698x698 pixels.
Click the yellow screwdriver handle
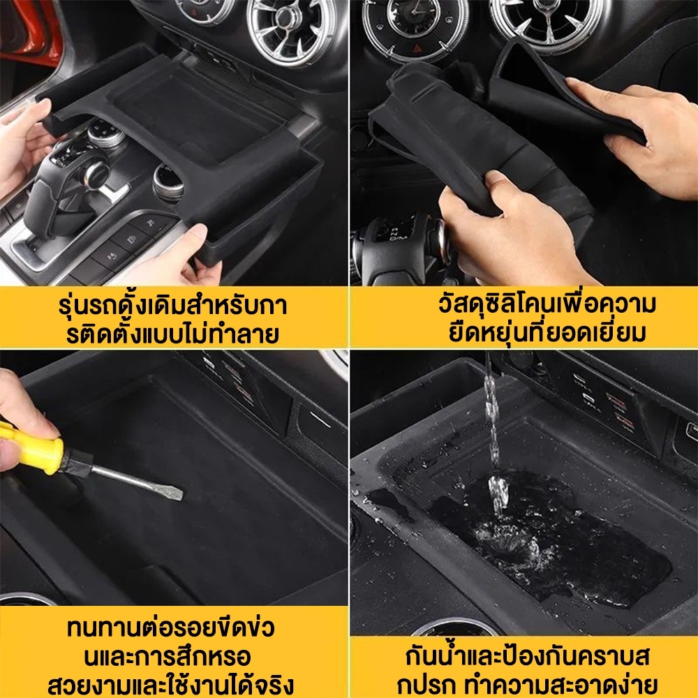(31, 450)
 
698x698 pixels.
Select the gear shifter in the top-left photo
(67, 187)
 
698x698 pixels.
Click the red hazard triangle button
(417, 48)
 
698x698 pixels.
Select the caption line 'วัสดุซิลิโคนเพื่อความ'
(547, 304)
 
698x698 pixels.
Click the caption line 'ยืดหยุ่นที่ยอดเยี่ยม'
(547, 332)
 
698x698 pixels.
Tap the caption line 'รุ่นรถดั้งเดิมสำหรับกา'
(172, 306)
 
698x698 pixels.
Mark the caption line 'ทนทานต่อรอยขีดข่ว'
(171, 628)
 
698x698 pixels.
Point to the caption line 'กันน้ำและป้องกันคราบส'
(528, 657)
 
